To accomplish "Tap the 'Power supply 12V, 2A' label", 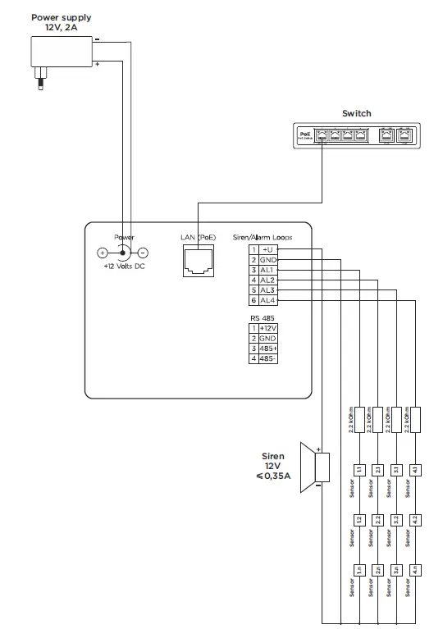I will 61,22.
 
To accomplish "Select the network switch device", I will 356,134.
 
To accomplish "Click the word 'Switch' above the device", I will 356,113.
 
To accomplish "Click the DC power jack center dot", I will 123,253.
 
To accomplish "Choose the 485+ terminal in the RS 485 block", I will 268,349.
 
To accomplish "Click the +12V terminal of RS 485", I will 268,327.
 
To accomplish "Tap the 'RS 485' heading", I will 263,317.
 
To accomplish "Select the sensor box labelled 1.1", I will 358,469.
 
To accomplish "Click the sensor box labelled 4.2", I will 416,519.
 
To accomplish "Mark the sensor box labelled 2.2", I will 377,519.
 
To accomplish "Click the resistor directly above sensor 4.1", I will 416,420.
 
